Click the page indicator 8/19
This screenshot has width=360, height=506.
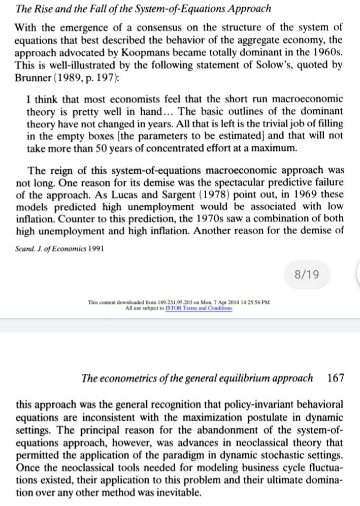tap(306, 275)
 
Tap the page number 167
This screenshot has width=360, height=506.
tap(336, 377)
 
